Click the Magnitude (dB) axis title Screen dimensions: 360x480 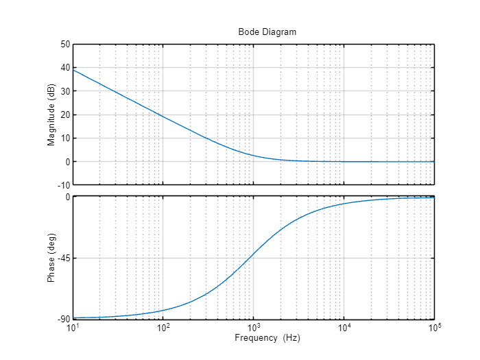click(51, 115)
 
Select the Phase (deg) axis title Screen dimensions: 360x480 click(51, 259)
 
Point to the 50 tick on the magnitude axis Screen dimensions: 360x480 click(66, 44)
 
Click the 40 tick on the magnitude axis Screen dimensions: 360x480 click(66, 67)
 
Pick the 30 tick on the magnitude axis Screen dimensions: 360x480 click(66, 91)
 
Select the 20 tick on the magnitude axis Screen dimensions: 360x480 click(66, 115)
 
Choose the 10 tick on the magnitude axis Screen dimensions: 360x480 click(66, 138)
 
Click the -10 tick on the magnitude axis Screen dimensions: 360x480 click(64, 185)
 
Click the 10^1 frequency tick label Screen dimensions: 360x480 click(73, 328)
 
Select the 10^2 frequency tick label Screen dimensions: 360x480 click(163, 328)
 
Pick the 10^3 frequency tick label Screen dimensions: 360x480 click(254, 328)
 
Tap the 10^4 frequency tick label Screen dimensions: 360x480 click(344, 328)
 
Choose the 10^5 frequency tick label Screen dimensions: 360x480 click(434, 328)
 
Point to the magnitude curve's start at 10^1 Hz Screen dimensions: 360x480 click(73, 69)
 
